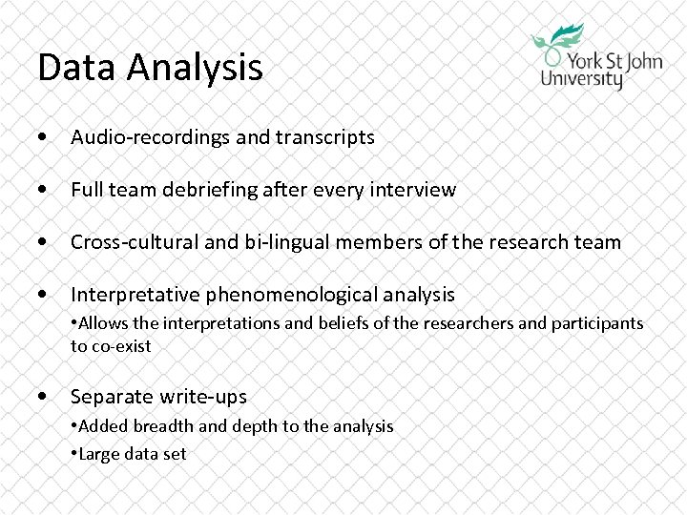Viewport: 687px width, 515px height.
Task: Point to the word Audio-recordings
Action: tap(150, 137)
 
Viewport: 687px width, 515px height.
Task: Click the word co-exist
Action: tap(121, 346)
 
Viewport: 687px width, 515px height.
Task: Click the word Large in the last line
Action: tap(97, 453)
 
